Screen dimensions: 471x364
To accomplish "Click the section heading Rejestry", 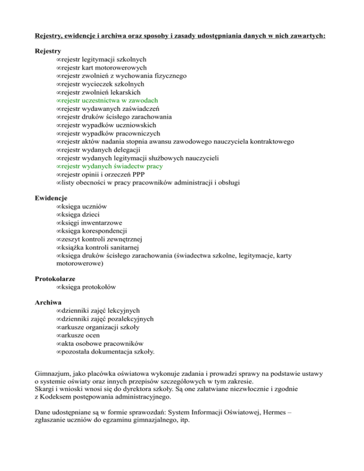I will tap(48, 51).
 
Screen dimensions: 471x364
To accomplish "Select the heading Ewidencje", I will tap(51, 198).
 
